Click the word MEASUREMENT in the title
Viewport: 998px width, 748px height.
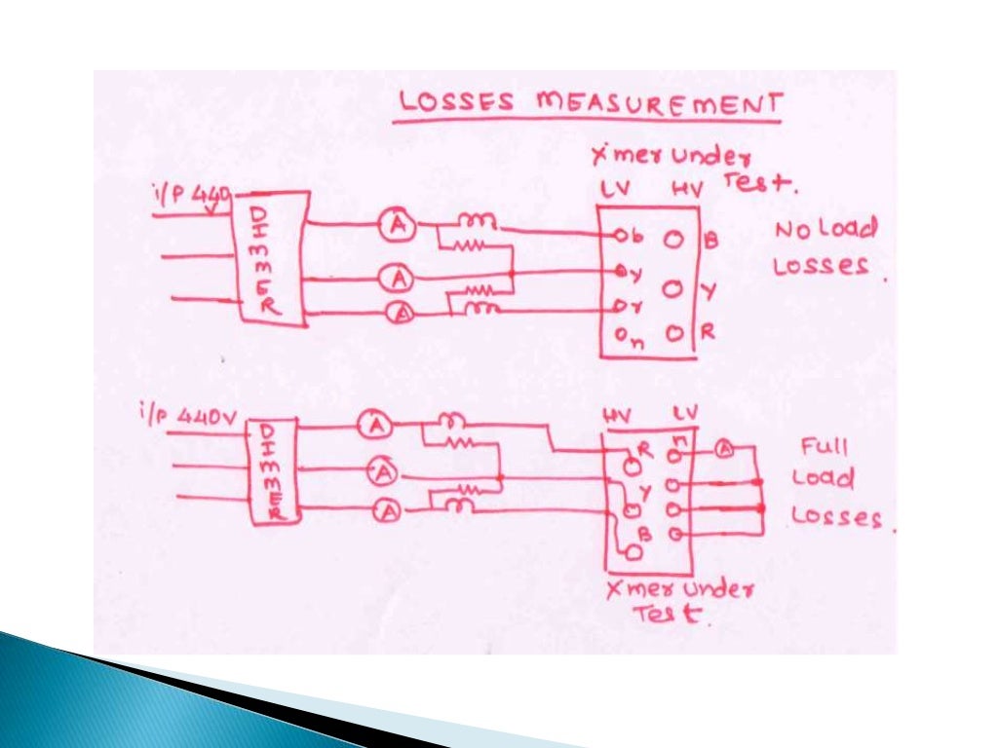(661, 103)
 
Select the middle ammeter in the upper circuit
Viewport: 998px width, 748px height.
(398, 280)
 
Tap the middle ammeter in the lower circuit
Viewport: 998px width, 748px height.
(384, 473)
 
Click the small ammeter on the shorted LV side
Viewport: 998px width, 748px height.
(724, 449)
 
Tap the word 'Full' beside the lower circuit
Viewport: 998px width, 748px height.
(825, 448)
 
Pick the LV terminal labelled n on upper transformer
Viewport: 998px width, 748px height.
(622, 336)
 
